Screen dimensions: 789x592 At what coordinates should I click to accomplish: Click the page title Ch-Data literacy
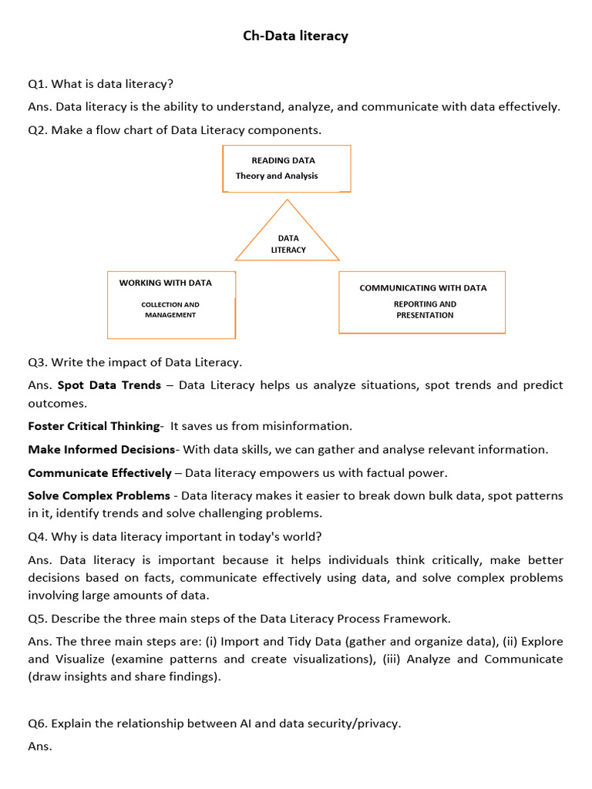pos(296,36)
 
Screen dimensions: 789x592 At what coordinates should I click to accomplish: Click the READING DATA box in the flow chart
pos(287,168)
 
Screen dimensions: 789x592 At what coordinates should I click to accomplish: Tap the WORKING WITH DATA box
pos(171,304)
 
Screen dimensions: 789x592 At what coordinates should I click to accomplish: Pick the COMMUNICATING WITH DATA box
pos(422,301)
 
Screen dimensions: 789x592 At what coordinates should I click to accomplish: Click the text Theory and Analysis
pos(277,176)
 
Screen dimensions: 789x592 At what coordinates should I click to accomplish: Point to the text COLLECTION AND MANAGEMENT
pos(170,310)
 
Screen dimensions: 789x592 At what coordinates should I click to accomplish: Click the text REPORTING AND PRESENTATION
pos(425,310)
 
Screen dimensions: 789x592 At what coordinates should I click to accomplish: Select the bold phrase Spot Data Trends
pos(109,385)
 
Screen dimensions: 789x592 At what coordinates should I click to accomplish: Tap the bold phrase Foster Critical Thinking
pos(93,426)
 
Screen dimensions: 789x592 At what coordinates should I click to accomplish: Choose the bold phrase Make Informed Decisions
pos(101,449)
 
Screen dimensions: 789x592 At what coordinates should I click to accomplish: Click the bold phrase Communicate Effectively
pos(99,473)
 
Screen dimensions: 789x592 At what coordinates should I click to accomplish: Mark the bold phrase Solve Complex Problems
pos(99,496)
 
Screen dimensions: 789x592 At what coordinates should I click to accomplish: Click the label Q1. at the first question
pos(38,84)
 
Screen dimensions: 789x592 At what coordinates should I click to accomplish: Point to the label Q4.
pos(38,537)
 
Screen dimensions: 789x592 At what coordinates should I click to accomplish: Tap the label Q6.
pos(38,724)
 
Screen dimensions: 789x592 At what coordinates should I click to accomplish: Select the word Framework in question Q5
pos(421,619)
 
